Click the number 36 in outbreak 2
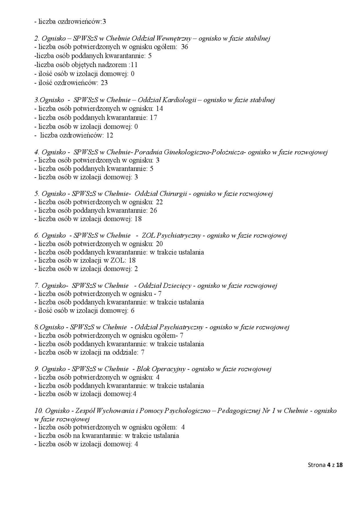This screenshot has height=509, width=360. pyautogui.click(x=185, y=47)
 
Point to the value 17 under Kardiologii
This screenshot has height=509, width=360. pyautogui.click(x=153, y=117)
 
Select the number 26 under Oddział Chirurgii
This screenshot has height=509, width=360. pyautogui.click(x=153, y=211)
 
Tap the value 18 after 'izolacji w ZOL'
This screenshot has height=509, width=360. pyautogui.click(x=132, y=260)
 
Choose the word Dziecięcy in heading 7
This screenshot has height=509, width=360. pyautogui.click(x=177, y=286)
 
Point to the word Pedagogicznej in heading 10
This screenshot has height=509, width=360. pyautogui.click(x=238, y=411)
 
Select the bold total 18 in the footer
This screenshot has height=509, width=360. pyautogui.click(x=339, y=465)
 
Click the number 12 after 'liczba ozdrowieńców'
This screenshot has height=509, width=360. pyautogui.click(x=110, y=135)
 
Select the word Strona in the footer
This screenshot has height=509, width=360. pyautogui.click(x=317, y=465)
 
